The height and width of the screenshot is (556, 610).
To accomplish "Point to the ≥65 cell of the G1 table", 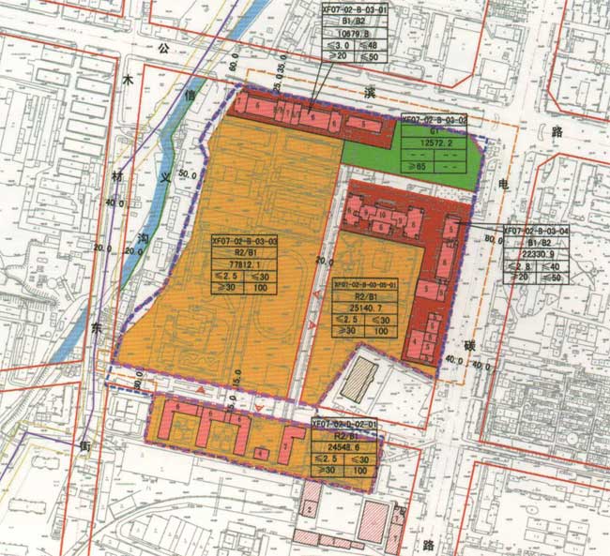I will [417, 167].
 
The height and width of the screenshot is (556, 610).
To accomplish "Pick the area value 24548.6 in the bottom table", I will [343, 448].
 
